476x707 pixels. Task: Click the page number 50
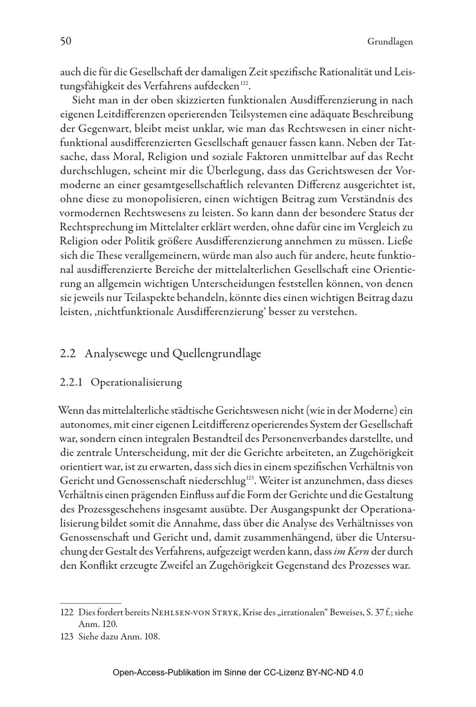point(66,41)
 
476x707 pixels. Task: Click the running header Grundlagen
point(390,42)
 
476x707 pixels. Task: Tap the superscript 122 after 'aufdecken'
point(244,84)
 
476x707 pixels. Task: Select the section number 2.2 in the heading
point(69,354)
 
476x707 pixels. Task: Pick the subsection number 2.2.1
point(72,382)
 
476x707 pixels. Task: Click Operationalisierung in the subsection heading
point(136,382)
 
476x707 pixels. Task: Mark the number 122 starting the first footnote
point(67,612)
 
